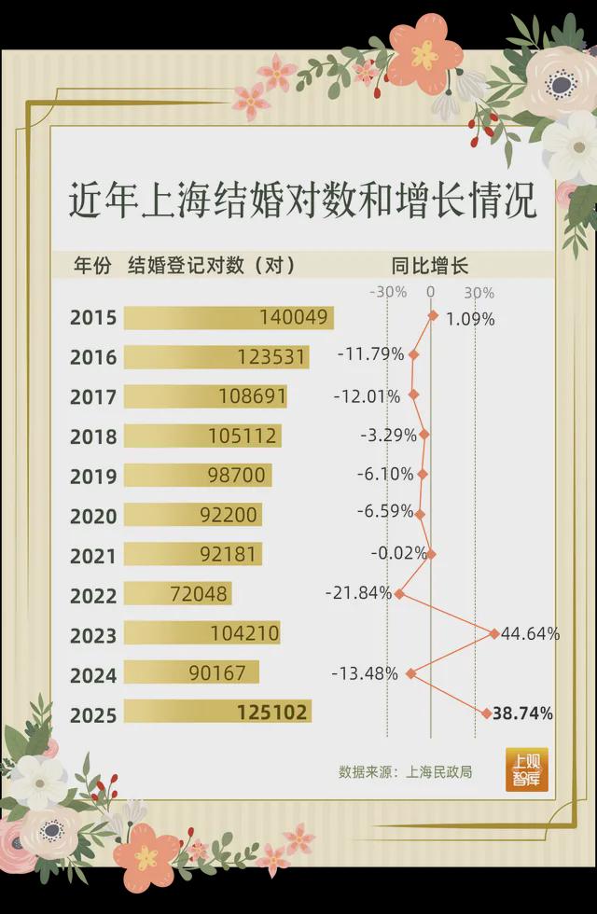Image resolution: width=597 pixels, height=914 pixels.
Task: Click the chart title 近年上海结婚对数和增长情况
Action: (x=302, y=200)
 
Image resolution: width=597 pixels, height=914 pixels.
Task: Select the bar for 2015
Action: (x=228, y=317)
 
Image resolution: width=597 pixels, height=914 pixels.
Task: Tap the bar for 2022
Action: (x=177, y=593)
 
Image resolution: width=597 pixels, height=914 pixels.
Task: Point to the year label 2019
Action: (x=93, y=477)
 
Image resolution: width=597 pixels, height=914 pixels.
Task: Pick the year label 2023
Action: (x=93, y=636)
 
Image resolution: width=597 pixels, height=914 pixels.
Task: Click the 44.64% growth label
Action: (x=530, y=634)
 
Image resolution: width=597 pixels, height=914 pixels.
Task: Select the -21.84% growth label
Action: (x=358, y=592)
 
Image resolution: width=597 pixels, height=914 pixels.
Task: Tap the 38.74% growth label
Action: (x=522, y=713)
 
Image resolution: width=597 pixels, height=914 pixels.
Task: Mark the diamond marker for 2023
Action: (x=494, y=633)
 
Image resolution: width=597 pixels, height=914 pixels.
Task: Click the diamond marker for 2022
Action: (x=399, y=593)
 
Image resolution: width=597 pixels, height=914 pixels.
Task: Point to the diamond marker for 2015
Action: (x=433, y=316)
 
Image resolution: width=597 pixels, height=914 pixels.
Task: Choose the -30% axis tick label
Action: (x=388, y=292)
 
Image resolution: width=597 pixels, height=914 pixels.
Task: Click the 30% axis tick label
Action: (x=479, y=292)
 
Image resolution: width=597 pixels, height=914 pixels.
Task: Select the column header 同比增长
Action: (x=430, y=265)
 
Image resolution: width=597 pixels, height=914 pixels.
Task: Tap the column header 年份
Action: (x=92, y=265)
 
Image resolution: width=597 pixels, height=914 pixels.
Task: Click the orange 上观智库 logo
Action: (x=527, y=769)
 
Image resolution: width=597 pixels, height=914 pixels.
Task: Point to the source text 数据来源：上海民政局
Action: (x=406, y=772)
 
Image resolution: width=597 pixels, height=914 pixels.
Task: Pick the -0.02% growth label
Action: (x=398, y=553)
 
